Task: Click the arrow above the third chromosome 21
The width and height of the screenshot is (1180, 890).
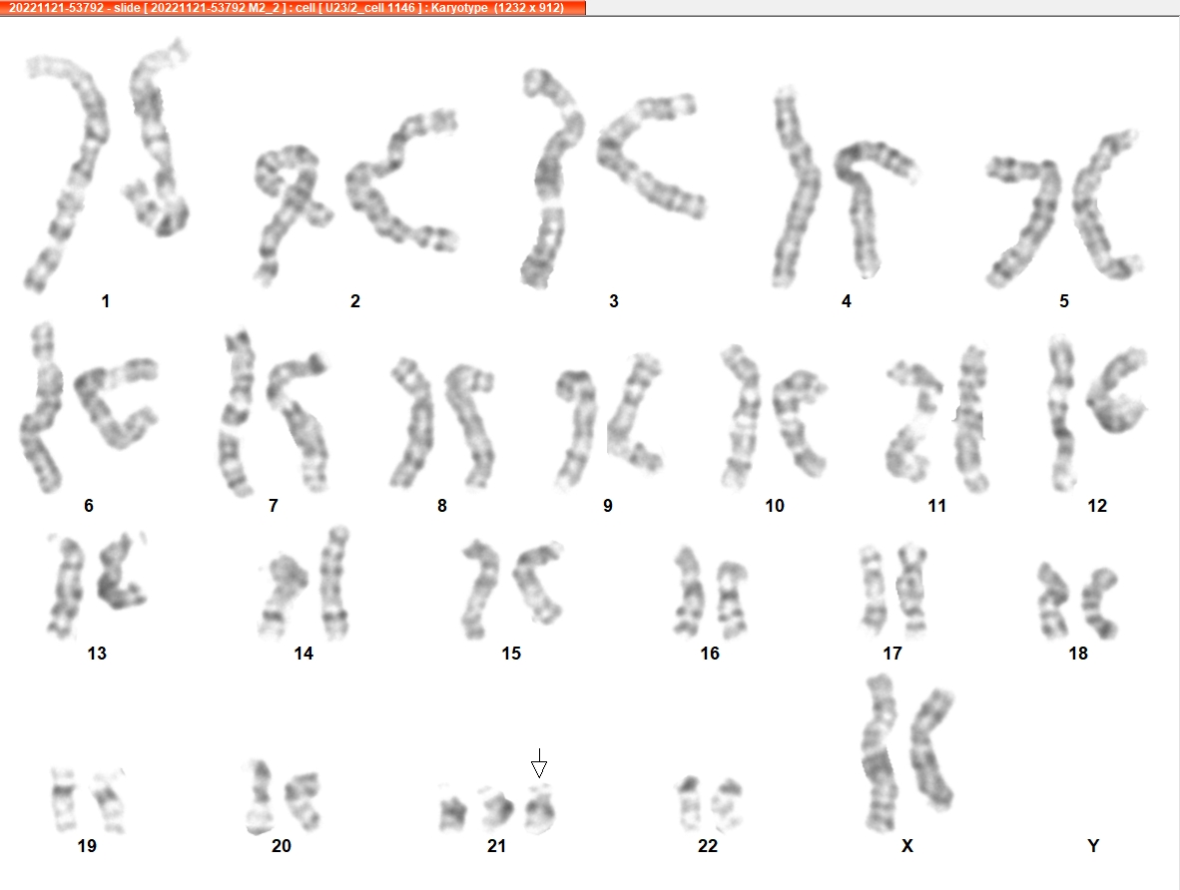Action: point(539,763)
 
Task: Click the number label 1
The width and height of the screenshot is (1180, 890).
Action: point(106,301)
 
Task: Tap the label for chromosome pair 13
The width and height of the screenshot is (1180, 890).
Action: point(97,653)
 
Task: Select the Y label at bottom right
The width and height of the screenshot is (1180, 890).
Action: point(1093,846)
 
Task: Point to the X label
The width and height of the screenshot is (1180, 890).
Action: point(906,846)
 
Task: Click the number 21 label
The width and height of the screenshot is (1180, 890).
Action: point(497,846)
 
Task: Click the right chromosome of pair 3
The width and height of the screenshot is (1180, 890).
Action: point(651,157)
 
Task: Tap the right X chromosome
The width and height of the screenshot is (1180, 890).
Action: point(931,749)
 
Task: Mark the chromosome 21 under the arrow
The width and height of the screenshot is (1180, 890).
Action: point(539,808)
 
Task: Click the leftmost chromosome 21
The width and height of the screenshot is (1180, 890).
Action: point(452,808)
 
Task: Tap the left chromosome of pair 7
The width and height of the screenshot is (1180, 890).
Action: point(237,414)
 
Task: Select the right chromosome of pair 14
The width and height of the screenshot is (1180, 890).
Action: point(334,584)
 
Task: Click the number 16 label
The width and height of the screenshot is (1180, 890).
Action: point(710,653)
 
